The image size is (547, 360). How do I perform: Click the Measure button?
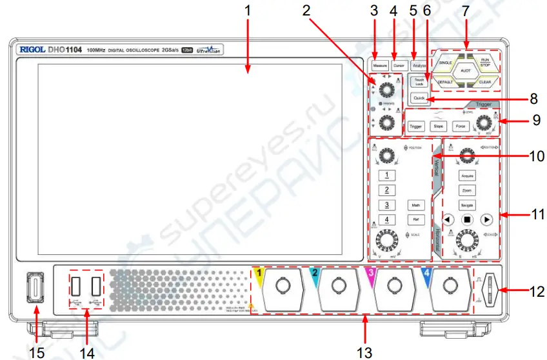pos(379,65)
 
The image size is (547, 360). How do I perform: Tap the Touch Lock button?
pos(419,82)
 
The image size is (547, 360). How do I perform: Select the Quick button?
pos(419,98)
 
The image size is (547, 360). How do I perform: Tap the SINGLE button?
pos(445,63)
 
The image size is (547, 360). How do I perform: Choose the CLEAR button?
pos(485,82)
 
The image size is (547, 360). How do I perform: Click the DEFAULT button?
pos(445,82)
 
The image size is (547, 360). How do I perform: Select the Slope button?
pos(439,126)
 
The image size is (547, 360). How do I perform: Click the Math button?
pos(417,205)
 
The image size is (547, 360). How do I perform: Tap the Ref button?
pos(417,220)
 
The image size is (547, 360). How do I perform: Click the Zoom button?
pos(468,190)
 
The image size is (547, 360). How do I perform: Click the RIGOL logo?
pos(32,49)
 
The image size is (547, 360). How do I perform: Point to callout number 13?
pos(365,351)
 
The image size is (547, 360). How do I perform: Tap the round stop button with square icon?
pos(468,219)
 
